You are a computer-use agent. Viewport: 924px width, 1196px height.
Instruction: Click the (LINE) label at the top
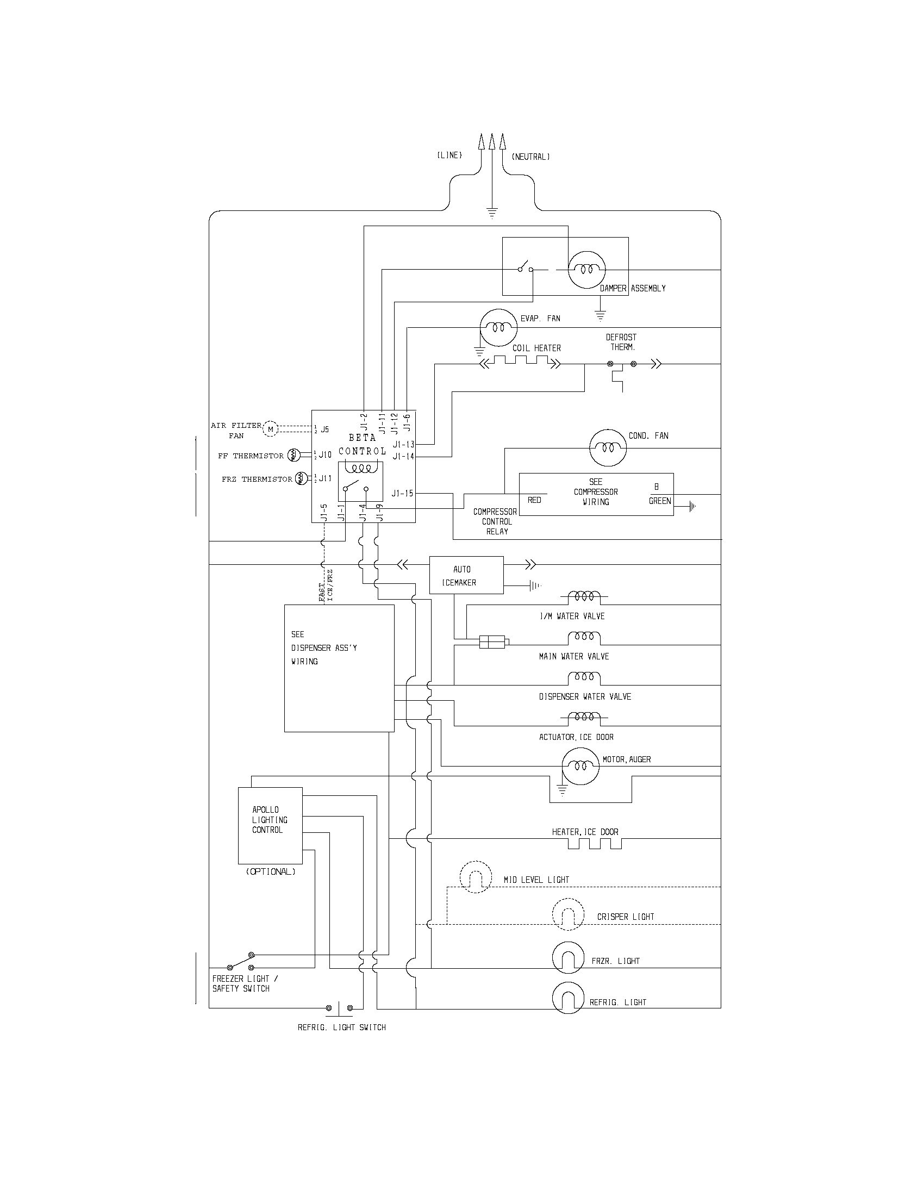[449, 155]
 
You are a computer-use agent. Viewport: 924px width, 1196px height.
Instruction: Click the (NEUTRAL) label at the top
[530, 157]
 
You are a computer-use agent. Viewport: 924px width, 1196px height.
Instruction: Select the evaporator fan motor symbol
[498, 327]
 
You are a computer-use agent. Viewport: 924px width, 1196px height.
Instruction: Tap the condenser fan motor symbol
[608, 447]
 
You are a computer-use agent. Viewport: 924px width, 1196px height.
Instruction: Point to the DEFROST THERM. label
[621, 342]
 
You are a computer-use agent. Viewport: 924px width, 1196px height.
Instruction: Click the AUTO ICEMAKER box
[466, 576]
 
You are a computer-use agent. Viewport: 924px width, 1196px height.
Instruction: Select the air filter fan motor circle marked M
[271, 429]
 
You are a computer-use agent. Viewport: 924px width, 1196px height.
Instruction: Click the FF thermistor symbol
[293, 454]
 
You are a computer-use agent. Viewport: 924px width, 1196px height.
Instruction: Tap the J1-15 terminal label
[402, 494]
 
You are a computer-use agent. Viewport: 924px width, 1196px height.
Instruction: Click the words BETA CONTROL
[362, 444]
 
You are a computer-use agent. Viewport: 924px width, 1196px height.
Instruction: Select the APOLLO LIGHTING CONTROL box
[270, 825]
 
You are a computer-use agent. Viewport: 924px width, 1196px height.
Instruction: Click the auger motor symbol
[581, 766]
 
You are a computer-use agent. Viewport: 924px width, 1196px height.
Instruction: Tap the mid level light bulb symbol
[475, 877]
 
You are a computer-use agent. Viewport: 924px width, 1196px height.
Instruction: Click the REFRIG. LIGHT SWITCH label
[341, 1027]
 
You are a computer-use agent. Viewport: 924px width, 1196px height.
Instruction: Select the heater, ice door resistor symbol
[595, 843]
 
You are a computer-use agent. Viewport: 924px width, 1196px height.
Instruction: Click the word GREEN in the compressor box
[660, 501]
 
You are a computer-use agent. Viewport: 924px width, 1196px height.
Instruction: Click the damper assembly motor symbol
[587, 270]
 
